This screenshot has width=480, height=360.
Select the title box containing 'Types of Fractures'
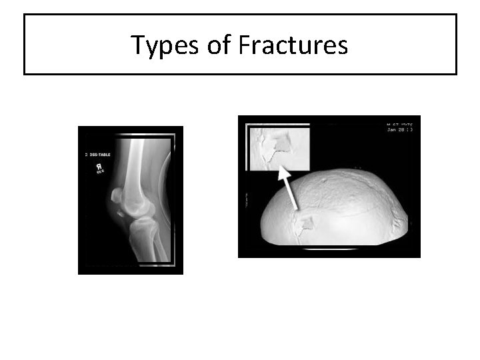click(240, 45)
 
